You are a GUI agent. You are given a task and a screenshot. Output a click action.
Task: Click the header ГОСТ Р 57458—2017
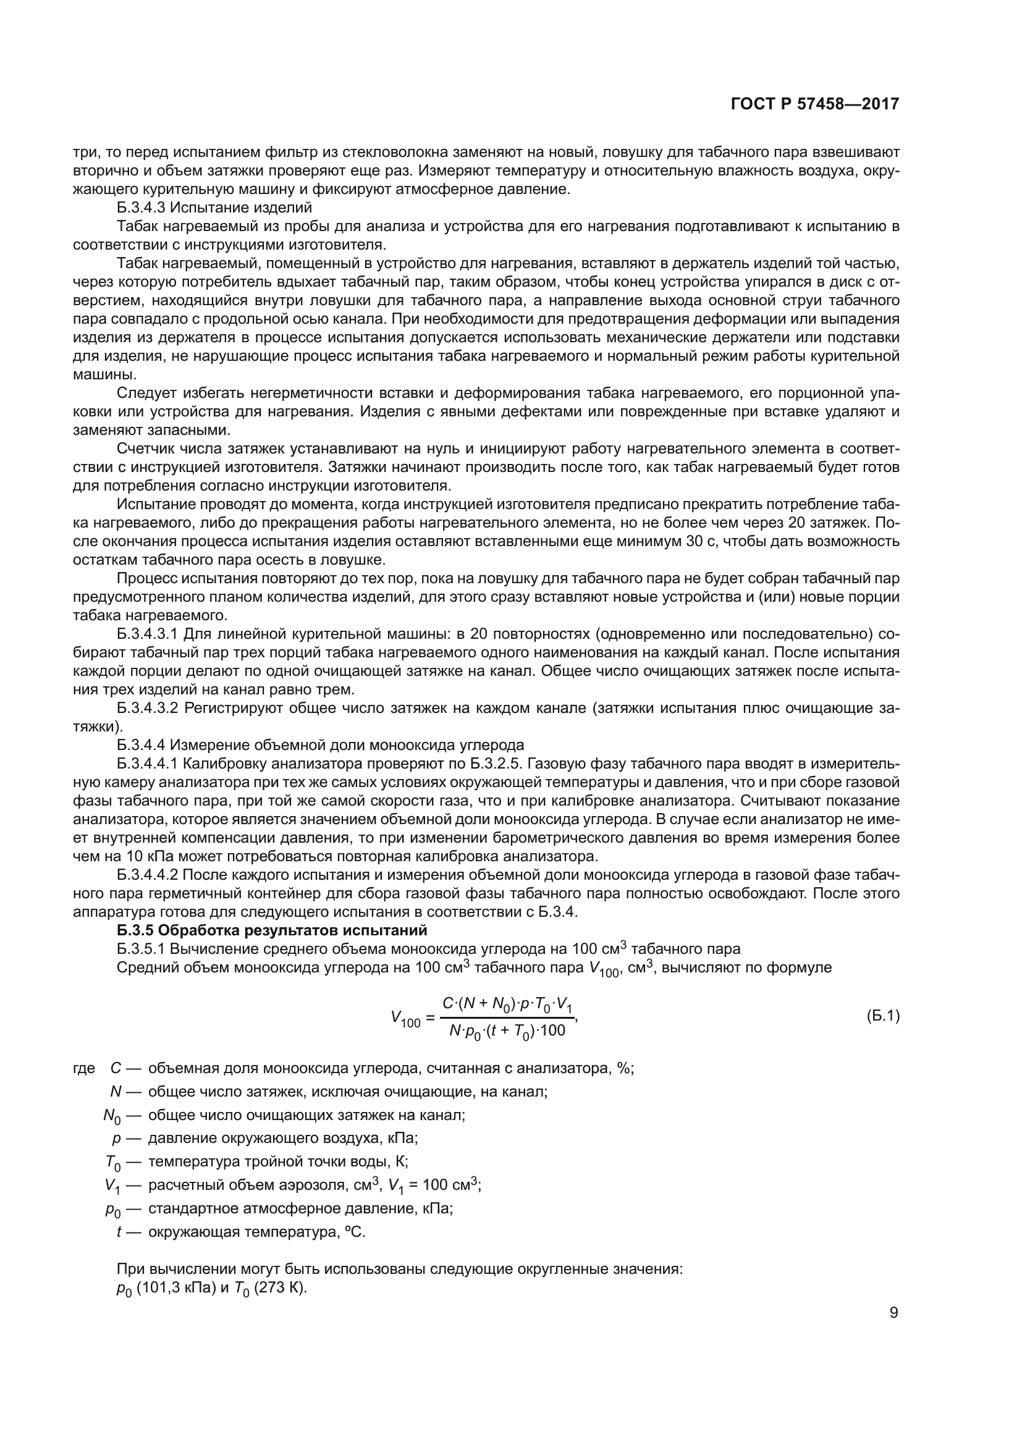click(x=814, y=104)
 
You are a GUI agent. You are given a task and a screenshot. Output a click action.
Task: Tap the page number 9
click(x=893, y=1313)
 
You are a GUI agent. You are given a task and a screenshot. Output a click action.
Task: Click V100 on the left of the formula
click(x=405, y=1017)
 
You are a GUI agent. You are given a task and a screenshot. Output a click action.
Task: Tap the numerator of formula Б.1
click(x=507, y=1005)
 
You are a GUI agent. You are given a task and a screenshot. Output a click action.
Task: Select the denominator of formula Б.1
click(x=507, y=1031)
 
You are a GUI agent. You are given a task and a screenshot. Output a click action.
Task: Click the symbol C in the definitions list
click(x=115, y=1068)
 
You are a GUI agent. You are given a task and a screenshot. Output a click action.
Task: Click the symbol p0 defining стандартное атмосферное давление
click(x=112, y=1209)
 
